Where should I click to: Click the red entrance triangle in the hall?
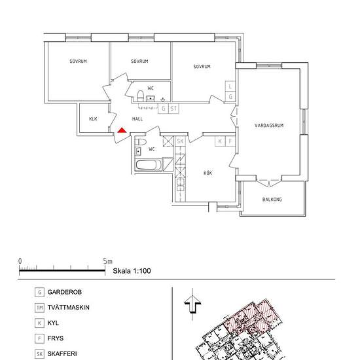122,130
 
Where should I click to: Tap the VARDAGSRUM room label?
269,126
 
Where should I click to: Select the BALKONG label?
272,199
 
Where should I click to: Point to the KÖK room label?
207,173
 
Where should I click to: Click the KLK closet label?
93,118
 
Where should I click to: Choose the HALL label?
137,118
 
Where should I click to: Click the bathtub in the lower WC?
149,165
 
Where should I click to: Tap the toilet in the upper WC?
140,96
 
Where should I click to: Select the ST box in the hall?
173,109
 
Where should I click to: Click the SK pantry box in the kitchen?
180,141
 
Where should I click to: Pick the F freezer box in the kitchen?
230,141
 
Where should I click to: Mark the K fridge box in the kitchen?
220,141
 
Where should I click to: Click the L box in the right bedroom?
230,86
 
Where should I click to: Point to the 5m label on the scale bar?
108,261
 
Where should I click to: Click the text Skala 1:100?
132,271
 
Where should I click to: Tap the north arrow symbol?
192,304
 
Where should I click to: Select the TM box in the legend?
39,308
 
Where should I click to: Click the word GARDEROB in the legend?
65,292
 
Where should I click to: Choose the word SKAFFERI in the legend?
62,354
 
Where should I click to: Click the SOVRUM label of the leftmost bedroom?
79,61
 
